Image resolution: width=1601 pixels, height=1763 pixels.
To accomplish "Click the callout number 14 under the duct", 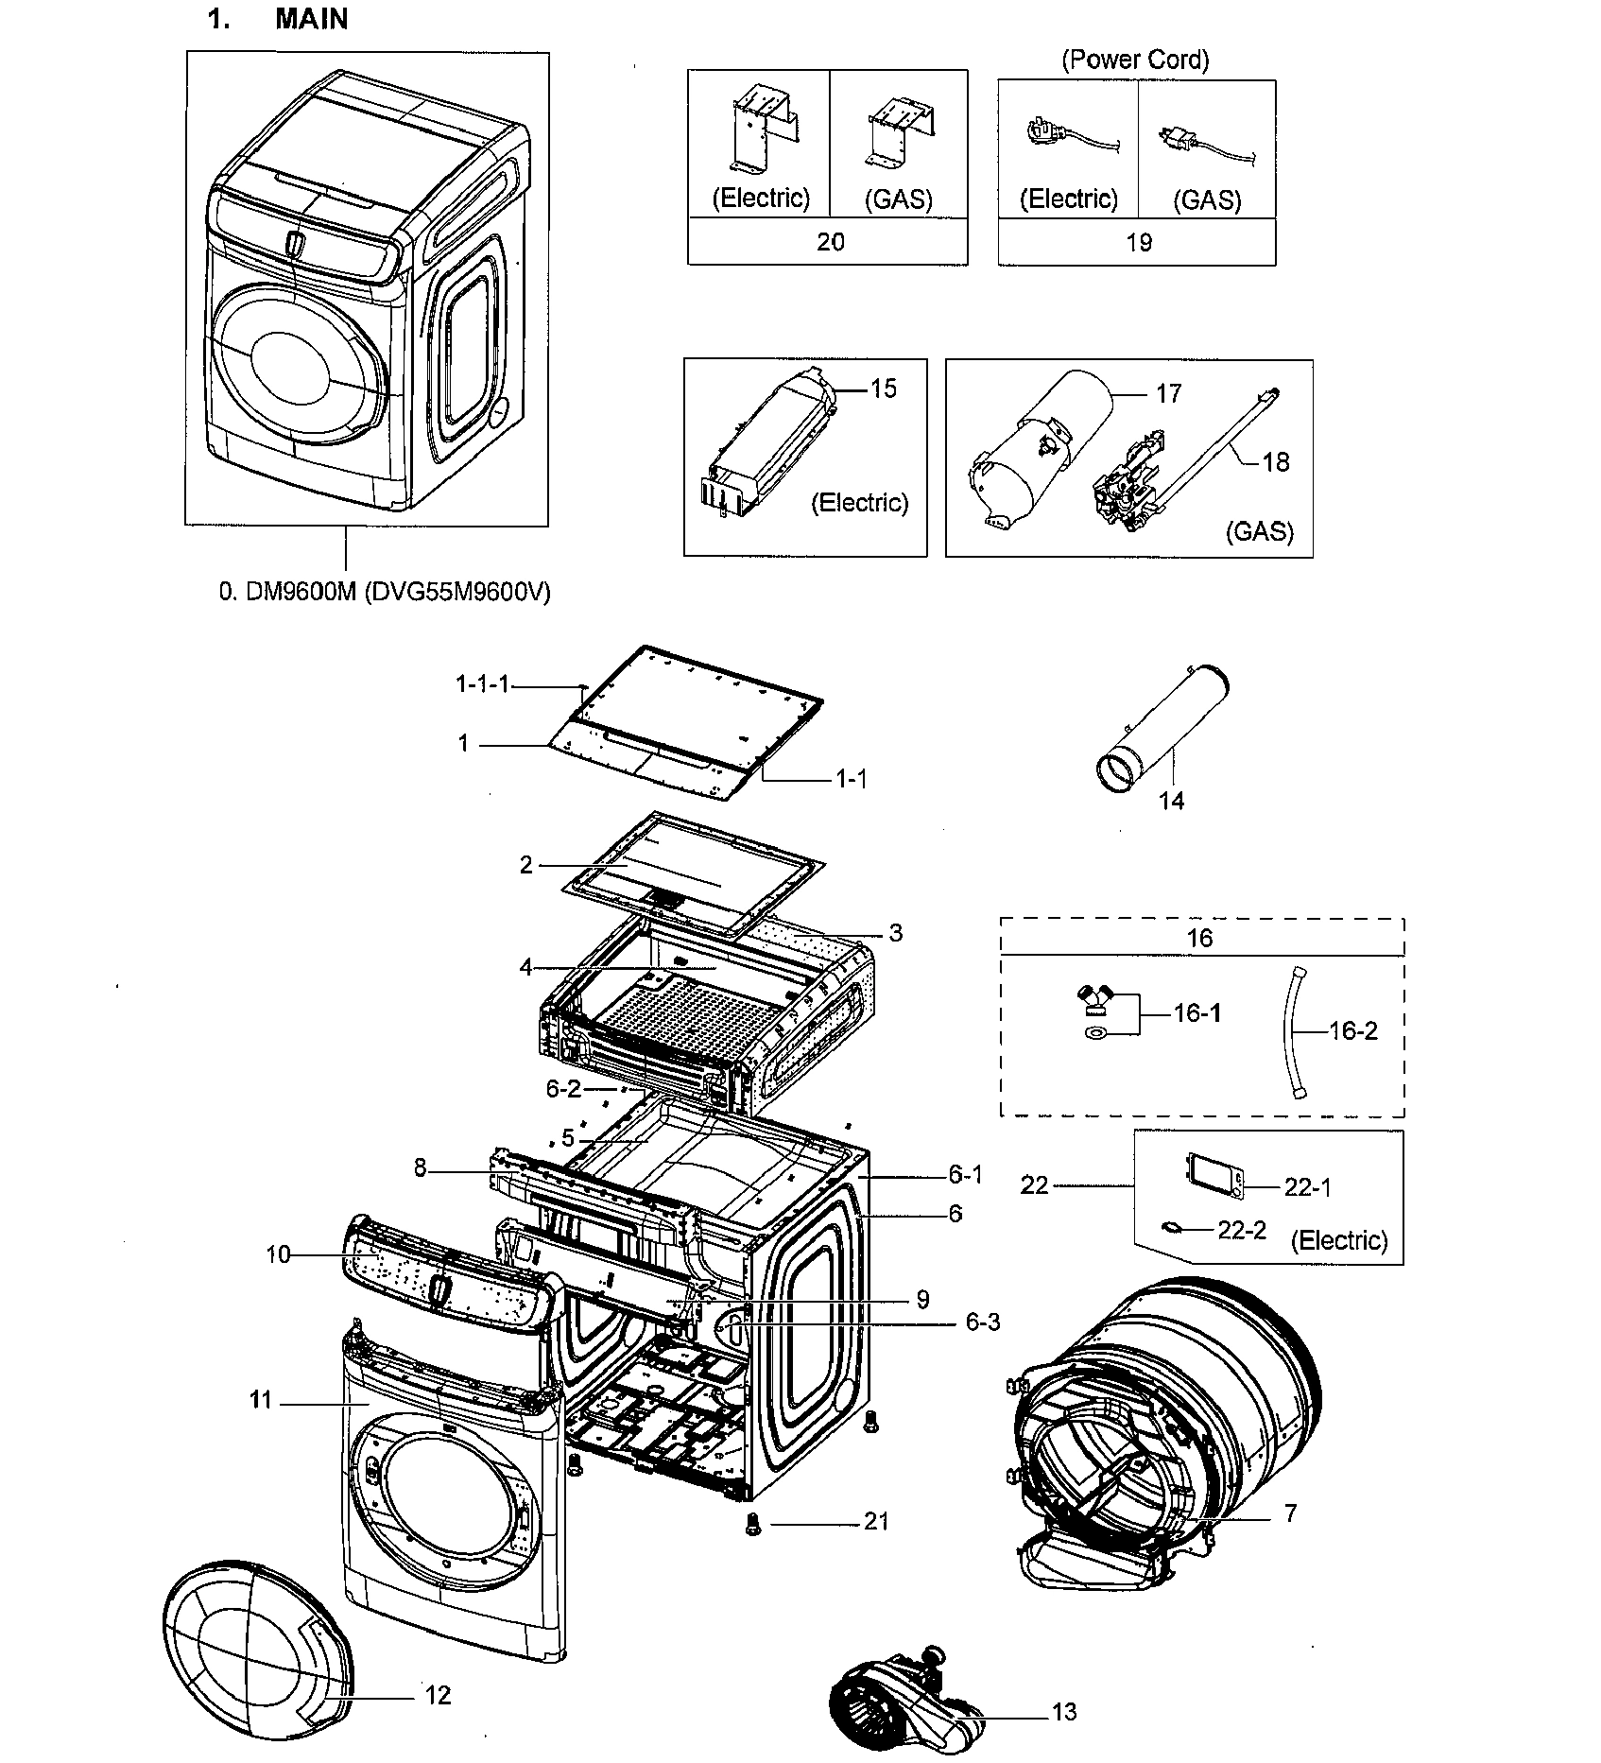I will pos(1171,801).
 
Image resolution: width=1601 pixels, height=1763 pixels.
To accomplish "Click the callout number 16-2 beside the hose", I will pos(1352,1030).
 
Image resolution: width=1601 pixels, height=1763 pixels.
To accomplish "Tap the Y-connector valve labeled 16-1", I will pos(1097,999).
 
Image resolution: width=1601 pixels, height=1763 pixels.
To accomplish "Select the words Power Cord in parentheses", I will pos(1135,60).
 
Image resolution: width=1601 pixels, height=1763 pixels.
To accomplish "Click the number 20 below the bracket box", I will pos(830,242).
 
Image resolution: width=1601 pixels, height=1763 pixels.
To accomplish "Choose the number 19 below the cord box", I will pos(1138,242).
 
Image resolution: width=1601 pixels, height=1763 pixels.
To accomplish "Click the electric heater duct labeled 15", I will pos(770,444).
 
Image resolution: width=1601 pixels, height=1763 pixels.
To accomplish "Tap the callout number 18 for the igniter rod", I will pos(1275,461).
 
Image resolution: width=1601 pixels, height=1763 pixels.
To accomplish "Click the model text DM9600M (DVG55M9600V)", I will pos(385,592).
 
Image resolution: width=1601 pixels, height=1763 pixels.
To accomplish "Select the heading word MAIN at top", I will pos(311,19).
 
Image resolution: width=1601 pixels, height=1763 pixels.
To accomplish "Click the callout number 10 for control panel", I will pos(278,1254).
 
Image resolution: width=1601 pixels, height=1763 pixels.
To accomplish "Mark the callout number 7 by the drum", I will pos(1290,1513).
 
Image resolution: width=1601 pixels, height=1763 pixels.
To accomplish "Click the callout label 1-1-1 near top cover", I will pos(482,683).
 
